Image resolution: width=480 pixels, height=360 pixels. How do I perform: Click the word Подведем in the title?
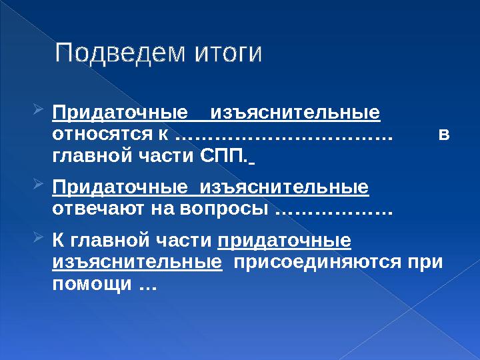pyautogui.click(x=120, y=53)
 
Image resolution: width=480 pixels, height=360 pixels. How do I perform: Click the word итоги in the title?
pyautogui.click(x=228, y=54)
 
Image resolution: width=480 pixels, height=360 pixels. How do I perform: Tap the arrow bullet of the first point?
pyautogui.click(x=38, y=109)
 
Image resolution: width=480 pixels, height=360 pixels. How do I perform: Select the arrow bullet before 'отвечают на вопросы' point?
pyautogui.click(x=38, y=184)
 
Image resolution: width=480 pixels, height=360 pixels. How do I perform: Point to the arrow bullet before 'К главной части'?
pyautogui.click(x=38, y=237)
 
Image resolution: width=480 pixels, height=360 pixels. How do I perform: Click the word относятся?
pyautogui.click(x=102, y=135)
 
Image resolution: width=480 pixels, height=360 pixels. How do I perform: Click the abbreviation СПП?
pyautogui.click(x=223, y=155)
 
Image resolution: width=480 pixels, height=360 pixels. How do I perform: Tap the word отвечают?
pyautogui.click(x=98, y=209)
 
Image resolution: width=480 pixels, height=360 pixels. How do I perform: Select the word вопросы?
pyautogui.click(x=224, y=210)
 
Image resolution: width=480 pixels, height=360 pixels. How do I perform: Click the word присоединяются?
pyautogui.click(x=317, y=263)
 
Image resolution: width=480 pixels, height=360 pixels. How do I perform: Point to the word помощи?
pyautogui.click(x=92, y=285)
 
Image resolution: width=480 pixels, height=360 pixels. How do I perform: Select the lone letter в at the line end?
pyautogui.click(x=444, y=135)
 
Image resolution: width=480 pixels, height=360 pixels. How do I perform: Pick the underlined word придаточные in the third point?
pyautogui.click(x=284, y=241)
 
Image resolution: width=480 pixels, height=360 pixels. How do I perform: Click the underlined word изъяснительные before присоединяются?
pyautogui.click(x=137, y=262)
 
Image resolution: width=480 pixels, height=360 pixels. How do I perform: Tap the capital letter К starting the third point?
pyautogui.click(x=58, y=240)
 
